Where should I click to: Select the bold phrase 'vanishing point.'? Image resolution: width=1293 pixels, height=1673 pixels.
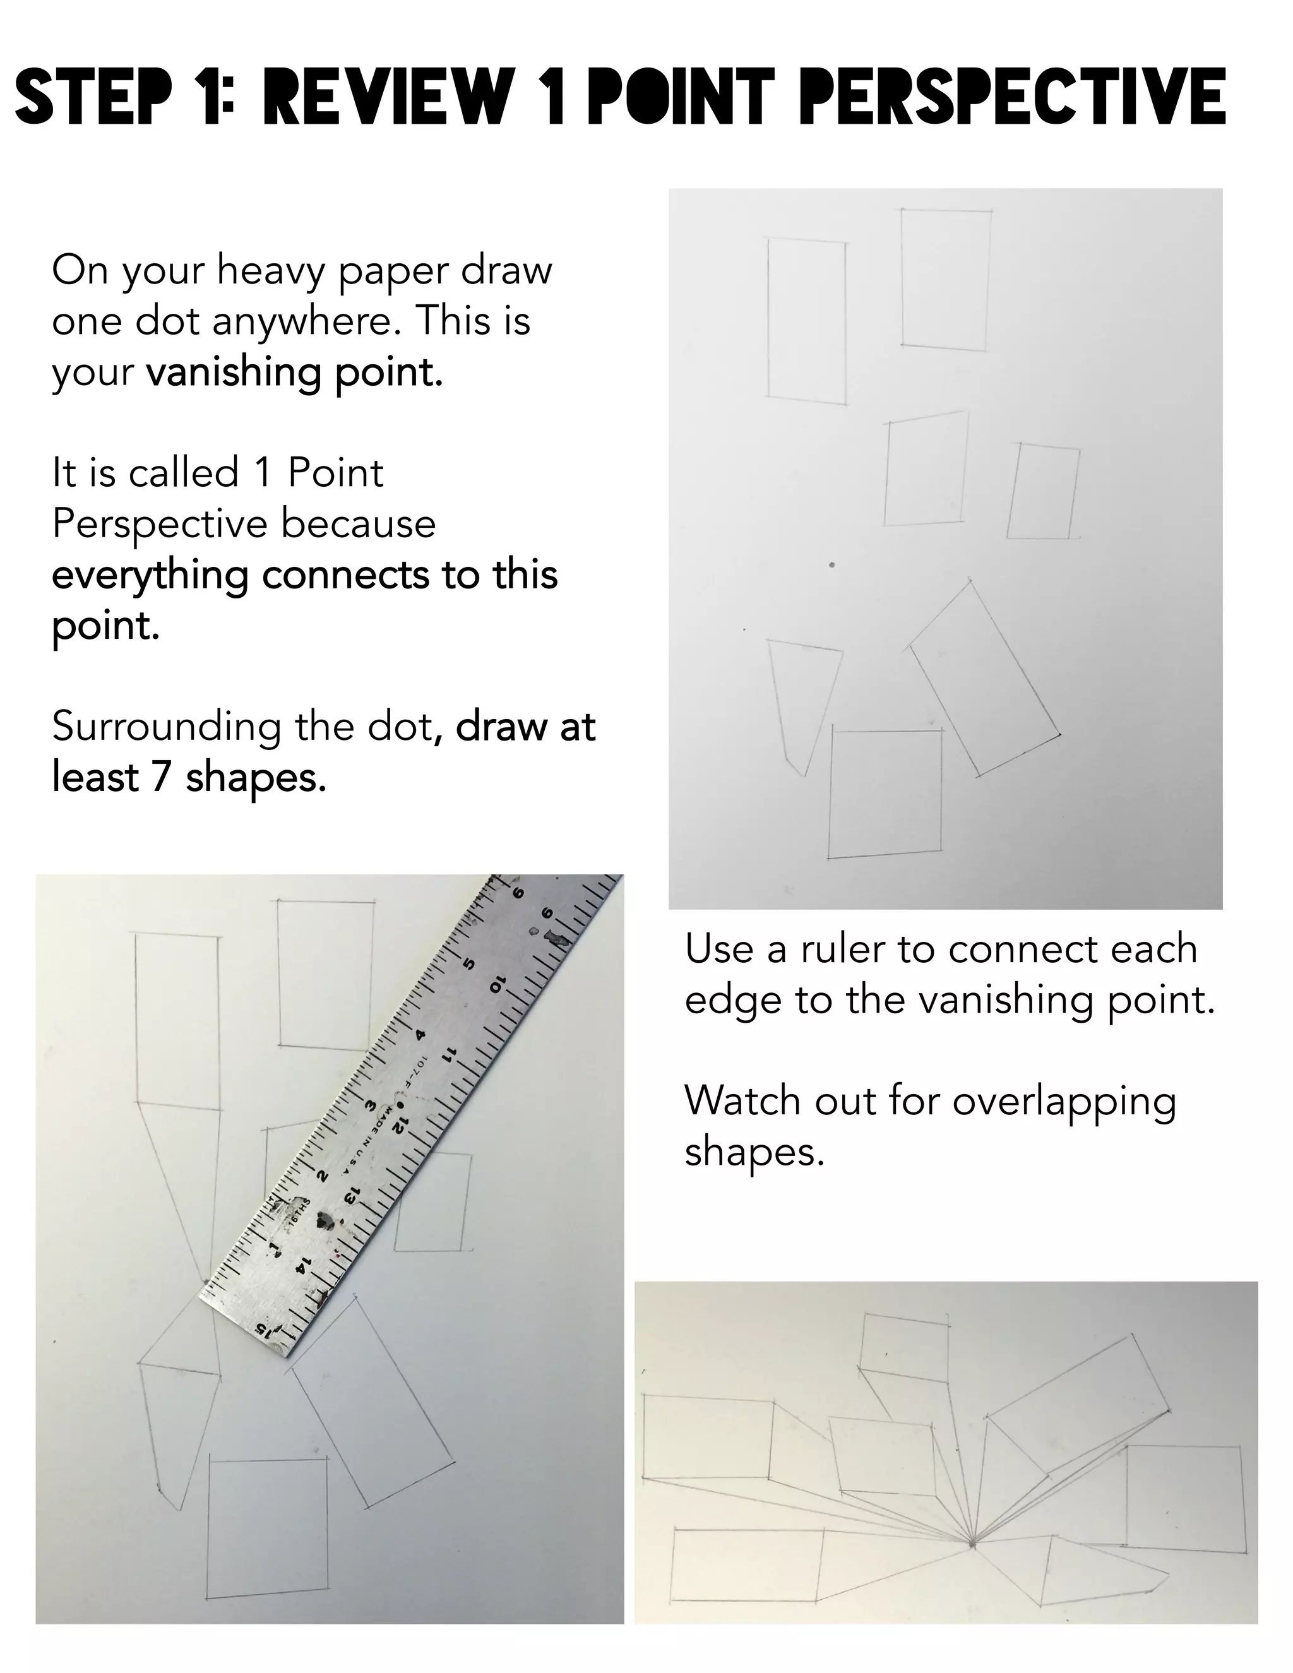coord(295,373)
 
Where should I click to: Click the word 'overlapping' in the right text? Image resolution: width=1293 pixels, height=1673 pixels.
coord(1064,1101)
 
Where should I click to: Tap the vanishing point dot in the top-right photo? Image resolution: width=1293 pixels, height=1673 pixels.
coord(832,565)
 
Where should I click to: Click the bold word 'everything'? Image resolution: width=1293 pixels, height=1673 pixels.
coord(150,575)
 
